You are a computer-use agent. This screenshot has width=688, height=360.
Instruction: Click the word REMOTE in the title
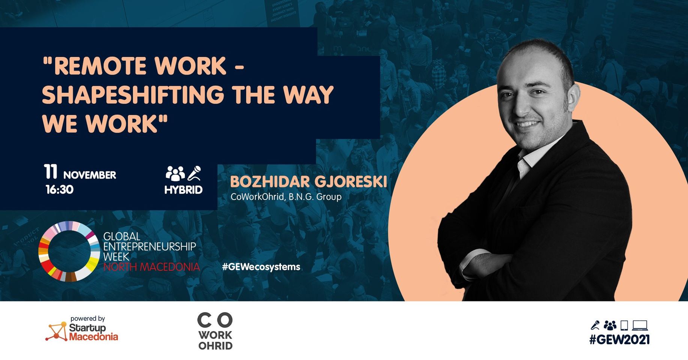pos(100,66)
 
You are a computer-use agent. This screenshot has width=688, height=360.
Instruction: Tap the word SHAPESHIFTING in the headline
pos(133,94)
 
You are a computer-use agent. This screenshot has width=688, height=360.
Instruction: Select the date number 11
pos(51,172)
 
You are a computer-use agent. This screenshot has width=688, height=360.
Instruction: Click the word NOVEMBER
pos(90,175)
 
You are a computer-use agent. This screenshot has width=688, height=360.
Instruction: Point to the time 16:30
pos(60,189)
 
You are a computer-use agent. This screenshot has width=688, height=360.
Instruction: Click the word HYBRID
pos(183,190)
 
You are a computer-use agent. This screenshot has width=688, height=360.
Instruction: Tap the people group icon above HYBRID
pos(175,173)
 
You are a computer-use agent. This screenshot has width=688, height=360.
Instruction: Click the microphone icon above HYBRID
pos(194,173)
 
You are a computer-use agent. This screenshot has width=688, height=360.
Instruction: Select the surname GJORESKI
pos(351,181)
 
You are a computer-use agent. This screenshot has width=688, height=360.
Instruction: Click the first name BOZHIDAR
pos(270,181)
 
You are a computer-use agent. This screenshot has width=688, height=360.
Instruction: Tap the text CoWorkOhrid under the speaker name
pos(258,196)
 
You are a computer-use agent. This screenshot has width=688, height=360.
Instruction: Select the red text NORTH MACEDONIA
pos(152,267)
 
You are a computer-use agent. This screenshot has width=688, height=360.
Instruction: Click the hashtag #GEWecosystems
pos(261,267)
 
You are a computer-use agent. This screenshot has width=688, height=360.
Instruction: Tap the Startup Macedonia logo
pos(82,329)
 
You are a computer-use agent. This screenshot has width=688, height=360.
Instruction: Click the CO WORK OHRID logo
pos(215,331)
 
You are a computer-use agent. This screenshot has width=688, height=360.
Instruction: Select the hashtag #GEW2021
pos(619,340)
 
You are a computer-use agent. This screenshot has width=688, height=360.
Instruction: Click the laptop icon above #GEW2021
pos(640,325)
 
